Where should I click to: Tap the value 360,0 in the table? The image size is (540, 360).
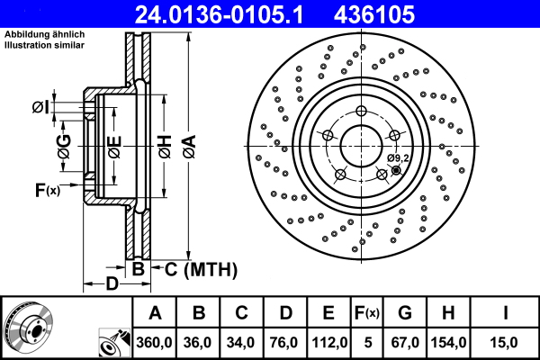155,343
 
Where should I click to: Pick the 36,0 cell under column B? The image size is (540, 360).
199,343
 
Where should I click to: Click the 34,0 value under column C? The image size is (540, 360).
242,343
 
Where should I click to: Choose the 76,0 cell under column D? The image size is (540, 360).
286,343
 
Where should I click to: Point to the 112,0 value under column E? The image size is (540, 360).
330,343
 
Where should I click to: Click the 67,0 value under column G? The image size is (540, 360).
405,343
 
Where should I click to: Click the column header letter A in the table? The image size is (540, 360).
155,313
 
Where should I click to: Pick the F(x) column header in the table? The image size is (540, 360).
367,313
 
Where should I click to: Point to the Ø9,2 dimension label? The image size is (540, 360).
398,158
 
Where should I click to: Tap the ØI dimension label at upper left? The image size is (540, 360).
40,108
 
